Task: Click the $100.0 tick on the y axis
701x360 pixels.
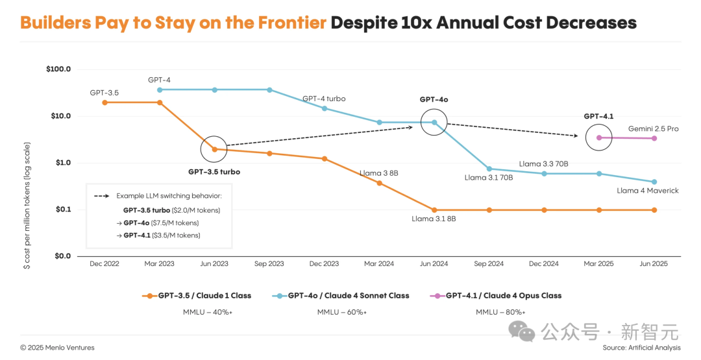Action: pos(58,69)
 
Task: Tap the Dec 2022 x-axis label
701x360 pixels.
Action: pos(105,264)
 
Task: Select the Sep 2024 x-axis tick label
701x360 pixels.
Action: pos(489,264)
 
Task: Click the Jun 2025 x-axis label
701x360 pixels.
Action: pos(654,264)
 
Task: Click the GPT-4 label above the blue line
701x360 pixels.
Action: pos(159,80)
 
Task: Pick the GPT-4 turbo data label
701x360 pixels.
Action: pos(324,99)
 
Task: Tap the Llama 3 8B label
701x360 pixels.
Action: pos(378,173)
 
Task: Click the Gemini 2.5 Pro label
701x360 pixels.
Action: pos(653,128)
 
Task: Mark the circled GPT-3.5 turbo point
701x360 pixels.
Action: pos(214,149)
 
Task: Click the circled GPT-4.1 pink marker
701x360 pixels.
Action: pos(599,138)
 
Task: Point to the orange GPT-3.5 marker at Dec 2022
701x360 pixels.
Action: pos(105,102)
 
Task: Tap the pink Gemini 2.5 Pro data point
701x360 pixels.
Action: pos(654,138)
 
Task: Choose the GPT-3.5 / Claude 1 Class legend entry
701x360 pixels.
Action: pos(197,296)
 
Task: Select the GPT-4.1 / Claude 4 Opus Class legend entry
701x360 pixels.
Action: pos(496,296)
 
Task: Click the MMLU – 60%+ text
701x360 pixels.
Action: pos(341,312)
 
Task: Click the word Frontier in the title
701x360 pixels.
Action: pos(293,23)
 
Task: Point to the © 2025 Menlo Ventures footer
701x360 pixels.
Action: pos(57,348)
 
